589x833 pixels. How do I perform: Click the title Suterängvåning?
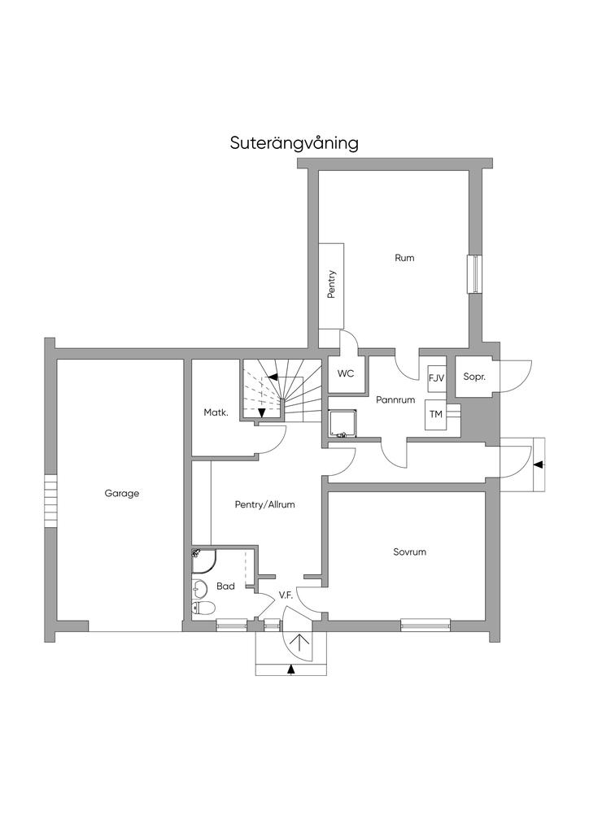(294, 143)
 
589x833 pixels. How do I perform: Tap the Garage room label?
(122, 494)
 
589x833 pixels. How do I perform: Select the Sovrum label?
(409, 552)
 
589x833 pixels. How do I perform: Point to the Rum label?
(404, 258)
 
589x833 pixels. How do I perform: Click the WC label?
(346, 374)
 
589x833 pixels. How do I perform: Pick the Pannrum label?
(395, 400)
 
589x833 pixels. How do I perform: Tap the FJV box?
(437, 378)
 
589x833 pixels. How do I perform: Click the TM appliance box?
(435, 414)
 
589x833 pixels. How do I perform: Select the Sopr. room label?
(474, 377)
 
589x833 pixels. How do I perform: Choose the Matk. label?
(216, 412)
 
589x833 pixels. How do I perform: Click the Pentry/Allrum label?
(264, 504)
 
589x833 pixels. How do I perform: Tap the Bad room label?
(225, 587)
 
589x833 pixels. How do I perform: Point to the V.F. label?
(286, 596)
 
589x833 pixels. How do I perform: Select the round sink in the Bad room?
(199, 588)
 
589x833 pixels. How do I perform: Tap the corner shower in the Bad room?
(204, 561)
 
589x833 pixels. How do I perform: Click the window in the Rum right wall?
(473, 274)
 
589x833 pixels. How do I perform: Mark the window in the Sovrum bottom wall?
(425, 626)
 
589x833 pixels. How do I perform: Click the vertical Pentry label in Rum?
(331, 284)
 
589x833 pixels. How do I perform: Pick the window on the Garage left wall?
(50, 500)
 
